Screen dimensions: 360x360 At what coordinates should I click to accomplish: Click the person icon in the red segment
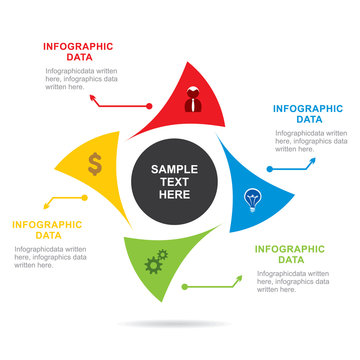(192, 100)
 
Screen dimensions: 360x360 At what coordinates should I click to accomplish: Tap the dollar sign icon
(94, 163)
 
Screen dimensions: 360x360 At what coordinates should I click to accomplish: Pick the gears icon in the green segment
(155, 264)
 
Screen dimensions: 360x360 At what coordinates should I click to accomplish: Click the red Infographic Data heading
(78, 51)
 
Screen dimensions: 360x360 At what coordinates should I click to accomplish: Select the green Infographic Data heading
(290, 254)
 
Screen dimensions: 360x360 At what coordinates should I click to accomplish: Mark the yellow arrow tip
(19, 207)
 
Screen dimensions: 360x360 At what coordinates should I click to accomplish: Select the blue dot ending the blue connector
(270, 170)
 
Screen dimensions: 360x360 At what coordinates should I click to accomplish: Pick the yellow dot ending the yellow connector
(85, 198)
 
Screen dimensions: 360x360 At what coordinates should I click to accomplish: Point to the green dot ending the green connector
(184, 287)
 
